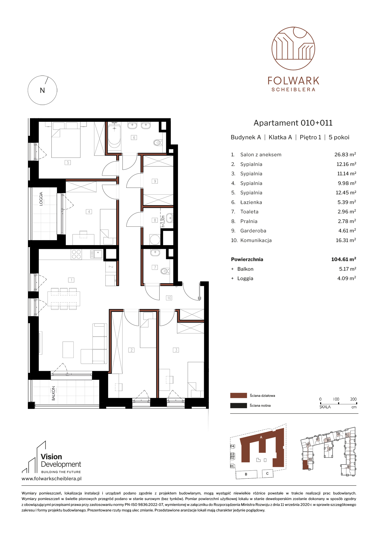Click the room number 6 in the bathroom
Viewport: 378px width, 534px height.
pos(134,137)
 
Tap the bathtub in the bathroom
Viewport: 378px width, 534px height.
pos(114,136)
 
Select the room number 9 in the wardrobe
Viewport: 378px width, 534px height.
pos(155,181)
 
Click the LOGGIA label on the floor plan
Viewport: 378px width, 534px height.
pos(41,199)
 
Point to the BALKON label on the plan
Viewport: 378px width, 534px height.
pos(54,393)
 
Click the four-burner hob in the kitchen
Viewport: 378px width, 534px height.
pos(76,254)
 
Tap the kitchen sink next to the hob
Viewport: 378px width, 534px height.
pos(96,254)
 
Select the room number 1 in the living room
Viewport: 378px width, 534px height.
pos(71,280)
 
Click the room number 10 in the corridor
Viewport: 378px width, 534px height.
pos(169,298)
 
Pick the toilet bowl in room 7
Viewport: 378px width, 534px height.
pos(165,271)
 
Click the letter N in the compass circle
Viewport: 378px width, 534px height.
pos(42,90)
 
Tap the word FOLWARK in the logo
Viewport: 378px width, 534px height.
pos(293,81)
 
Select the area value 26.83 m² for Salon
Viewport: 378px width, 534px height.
pos(345,154)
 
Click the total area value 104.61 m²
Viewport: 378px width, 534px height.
pos(343,259)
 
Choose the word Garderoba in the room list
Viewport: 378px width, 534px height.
pos(253,231)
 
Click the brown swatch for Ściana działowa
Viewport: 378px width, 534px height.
pos(238,395)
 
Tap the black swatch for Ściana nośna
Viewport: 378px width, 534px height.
pos(238,405)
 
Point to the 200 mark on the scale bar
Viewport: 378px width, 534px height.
pos(353,399)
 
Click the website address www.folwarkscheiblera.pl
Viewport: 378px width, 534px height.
pos(52,479)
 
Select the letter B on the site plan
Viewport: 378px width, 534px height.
pos(246,474)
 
